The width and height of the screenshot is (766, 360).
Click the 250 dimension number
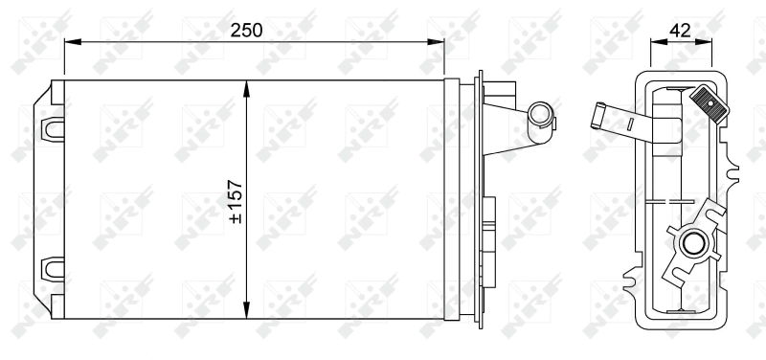point(247,29)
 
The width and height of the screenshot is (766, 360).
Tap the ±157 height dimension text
point(235,200)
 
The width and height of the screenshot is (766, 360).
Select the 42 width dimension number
point(681,29)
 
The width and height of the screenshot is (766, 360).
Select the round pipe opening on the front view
point(541,117)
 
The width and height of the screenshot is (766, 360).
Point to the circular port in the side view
point(691,244)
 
